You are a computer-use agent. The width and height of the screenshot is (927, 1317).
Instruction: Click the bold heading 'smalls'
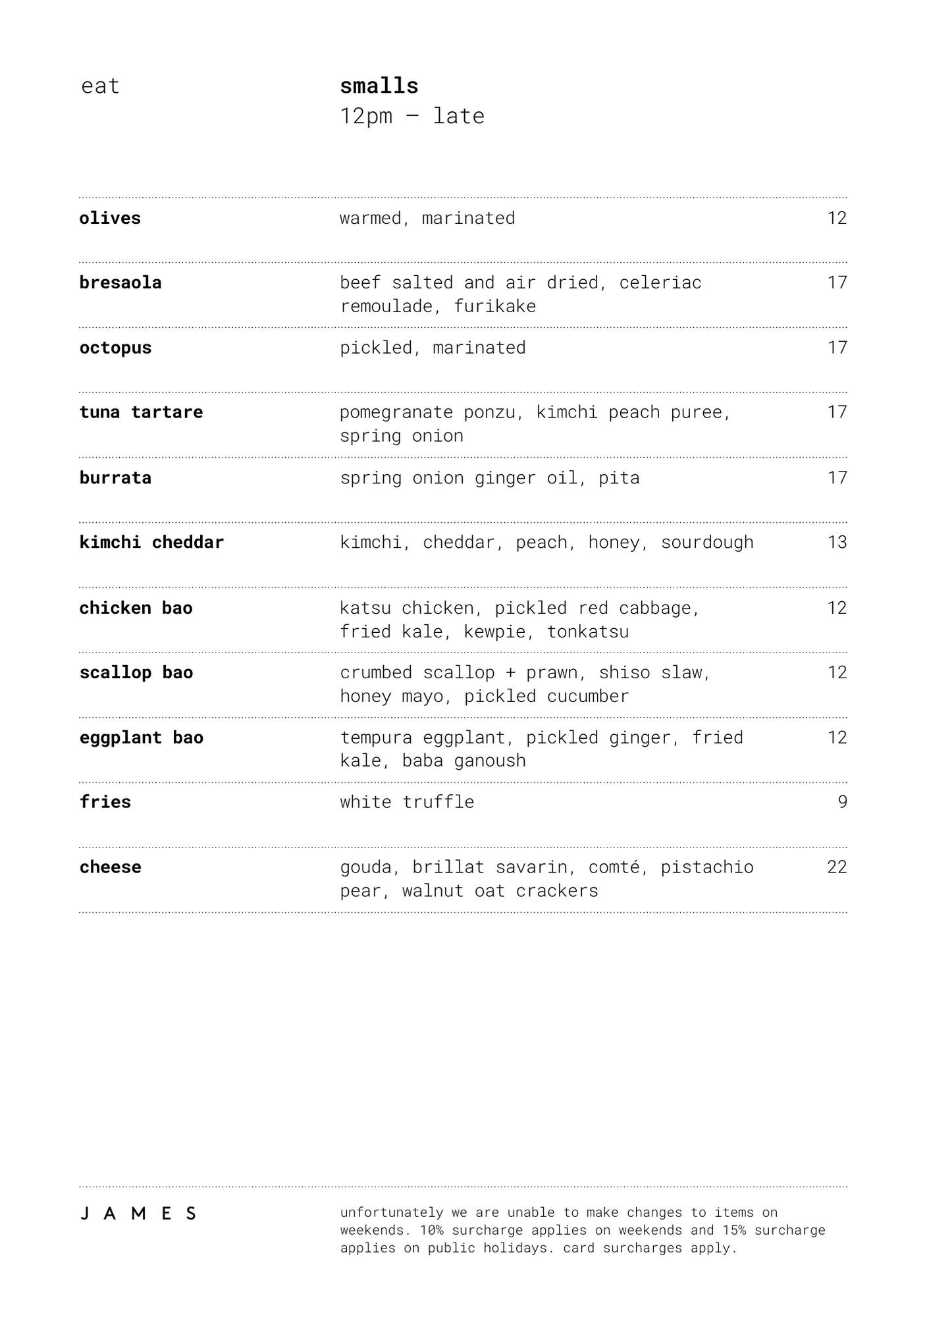(x=379, y=86)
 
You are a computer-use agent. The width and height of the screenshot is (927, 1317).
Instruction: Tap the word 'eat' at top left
(x=100, y=86)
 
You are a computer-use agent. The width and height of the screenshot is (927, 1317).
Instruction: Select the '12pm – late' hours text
(x=412, y=116)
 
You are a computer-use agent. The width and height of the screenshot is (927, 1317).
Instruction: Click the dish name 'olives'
(x=110, y=218)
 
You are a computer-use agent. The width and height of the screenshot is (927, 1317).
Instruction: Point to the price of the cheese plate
(x=837, y=867)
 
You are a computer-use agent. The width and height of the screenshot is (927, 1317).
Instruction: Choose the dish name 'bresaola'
(x=120, y=282)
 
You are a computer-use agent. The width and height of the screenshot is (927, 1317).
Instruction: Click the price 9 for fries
(x=842, y=801)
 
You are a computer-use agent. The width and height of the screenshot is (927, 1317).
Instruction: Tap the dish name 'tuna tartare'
(x=141, y=412)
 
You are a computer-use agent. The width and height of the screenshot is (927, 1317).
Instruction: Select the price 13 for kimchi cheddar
(x=837, y=542)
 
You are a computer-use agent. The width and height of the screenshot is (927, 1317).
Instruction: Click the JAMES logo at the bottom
(x=138, y=1214)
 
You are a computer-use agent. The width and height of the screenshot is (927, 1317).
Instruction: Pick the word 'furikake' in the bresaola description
(x=495, y=306)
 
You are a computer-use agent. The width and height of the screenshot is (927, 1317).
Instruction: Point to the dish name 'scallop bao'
(x=136, y=672)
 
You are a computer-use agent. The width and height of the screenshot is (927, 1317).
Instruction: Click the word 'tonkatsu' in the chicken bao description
(x=588, y=632)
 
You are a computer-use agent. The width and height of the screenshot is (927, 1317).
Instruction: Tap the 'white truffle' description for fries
(x=407, y=801)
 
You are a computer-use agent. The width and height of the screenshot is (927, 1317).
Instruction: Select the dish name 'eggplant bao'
(x=142, y=738)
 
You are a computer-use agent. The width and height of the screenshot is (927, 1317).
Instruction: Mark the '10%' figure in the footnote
(x=432, y=1230)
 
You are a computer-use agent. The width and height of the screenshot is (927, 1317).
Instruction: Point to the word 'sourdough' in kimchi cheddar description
(x=707, y=542)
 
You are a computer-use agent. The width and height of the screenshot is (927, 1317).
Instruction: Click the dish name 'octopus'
(x=115, y=348)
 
